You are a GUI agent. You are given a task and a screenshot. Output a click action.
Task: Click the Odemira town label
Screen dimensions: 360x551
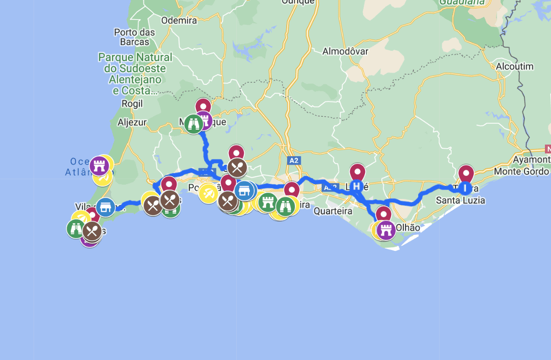179,20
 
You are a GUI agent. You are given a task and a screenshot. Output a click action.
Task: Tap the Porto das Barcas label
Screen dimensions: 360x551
134,37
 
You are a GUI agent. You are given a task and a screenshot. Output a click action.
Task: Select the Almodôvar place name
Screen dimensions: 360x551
345,51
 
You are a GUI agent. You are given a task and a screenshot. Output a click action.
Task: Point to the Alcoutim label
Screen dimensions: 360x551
515,66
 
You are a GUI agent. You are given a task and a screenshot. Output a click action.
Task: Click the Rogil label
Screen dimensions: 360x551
132,104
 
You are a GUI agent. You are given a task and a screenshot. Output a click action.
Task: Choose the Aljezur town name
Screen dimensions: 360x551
132,122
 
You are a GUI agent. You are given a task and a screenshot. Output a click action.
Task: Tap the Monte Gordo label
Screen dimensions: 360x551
522,171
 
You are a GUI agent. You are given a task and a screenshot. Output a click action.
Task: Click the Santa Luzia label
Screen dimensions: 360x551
461,201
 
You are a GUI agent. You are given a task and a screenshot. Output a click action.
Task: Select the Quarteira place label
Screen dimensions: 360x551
332,211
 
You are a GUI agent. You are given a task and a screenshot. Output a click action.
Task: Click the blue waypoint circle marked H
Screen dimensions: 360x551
357,186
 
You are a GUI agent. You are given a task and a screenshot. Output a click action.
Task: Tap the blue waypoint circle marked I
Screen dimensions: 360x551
466,187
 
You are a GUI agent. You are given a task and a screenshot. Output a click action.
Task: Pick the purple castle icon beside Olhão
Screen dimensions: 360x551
386,230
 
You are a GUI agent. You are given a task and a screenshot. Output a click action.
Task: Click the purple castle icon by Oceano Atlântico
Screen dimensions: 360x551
99,165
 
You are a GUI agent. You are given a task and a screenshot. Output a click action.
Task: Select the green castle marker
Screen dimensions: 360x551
268,202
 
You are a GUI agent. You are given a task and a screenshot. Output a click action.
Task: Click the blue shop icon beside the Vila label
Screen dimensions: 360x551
106,207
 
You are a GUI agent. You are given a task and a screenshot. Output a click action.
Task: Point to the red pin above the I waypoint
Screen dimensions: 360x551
466,173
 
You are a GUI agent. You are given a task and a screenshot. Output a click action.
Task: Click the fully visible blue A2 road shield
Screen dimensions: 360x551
293,160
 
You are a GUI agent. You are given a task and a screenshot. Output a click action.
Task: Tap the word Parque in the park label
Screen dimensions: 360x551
116,57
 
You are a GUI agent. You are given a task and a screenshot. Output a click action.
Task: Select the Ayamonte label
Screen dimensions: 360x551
531,160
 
